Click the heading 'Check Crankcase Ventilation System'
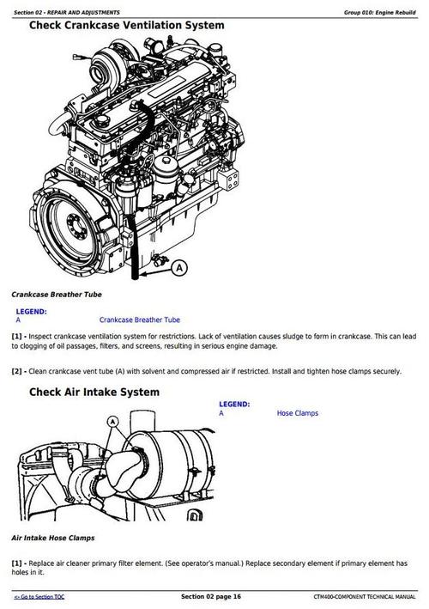[127, 26]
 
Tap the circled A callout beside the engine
[178, 268]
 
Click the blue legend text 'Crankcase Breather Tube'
[140, 320]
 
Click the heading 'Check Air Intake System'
[94, 393]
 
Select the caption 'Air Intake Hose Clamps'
[53, 537]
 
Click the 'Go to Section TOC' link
[38, 596]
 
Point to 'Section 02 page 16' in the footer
[211, 596]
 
